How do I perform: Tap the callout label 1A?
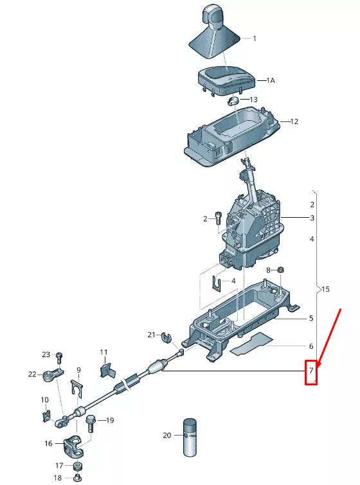tap(271, 81)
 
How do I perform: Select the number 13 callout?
tap(253, 100)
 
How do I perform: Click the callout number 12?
tap(294, 121)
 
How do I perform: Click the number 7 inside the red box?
tap(311, 371)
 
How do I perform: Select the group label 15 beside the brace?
tap(325, 290)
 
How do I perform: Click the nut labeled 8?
tap(281, 270)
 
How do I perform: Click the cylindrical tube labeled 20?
tap(190, 437)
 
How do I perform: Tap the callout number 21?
tap(151, 335)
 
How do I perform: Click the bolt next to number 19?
tap(91, 422)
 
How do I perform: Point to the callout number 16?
tap(49, 443)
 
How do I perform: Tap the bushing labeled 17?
tap(77, 465)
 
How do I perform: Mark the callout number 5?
tap(311, 318)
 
